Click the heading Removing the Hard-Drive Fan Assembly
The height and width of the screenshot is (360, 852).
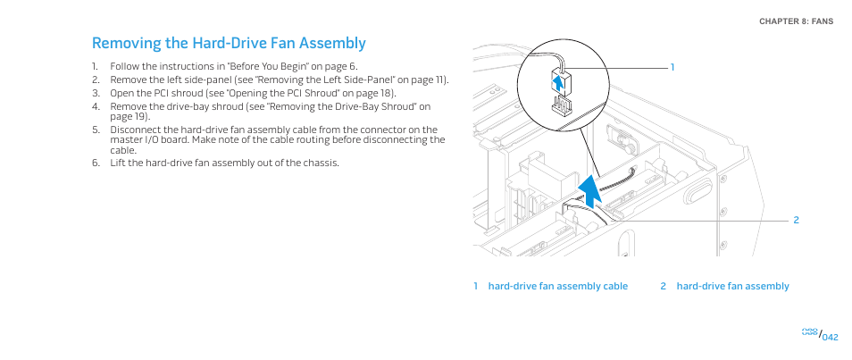[x=229, y=43]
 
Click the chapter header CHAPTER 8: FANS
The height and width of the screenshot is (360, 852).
[x=796, y=21]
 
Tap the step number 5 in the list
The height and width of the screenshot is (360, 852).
[x=96, y=130]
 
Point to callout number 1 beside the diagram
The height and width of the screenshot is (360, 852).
[x=672, y=67]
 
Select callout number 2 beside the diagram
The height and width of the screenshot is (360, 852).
[x=796, y=221]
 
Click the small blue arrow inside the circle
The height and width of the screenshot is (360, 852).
[x=557, y=84]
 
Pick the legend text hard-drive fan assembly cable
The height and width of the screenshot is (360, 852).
[x=558, y=286]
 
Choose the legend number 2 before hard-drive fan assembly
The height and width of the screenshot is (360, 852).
[x=663, y=286]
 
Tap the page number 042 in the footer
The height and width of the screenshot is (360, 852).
[x=831, y=337]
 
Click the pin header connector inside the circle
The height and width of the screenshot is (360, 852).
[x=563, y=105]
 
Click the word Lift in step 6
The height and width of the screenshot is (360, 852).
[x=117, y=163]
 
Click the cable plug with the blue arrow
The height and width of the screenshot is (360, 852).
[x=560, y=82]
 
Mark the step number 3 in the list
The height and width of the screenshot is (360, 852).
[x=96, y=93]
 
